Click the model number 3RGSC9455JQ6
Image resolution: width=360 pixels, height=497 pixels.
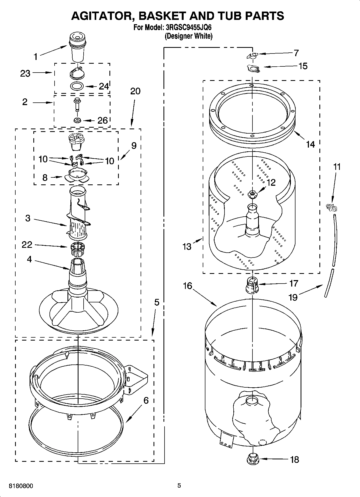coord(188,28)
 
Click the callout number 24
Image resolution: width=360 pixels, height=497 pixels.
coord(104,86)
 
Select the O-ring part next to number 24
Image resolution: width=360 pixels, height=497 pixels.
coord(77,86)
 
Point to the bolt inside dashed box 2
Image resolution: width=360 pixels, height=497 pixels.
coord(77,104)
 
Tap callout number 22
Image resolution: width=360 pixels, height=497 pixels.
coord(27,244)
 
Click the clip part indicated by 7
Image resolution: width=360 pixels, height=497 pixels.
coord(252,56)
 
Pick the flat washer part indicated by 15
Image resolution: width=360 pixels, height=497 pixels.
coord(253,68)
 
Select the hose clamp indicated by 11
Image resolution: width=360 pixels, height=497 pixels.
coord(331,208)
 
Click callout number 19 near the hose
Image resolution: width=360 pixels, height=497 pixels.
coord(293,297)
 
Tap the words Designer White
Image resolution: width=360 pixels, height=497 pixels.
coord(188,36)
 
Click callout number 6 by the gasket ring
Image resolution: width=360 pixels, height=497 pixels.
coord(146,401)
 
